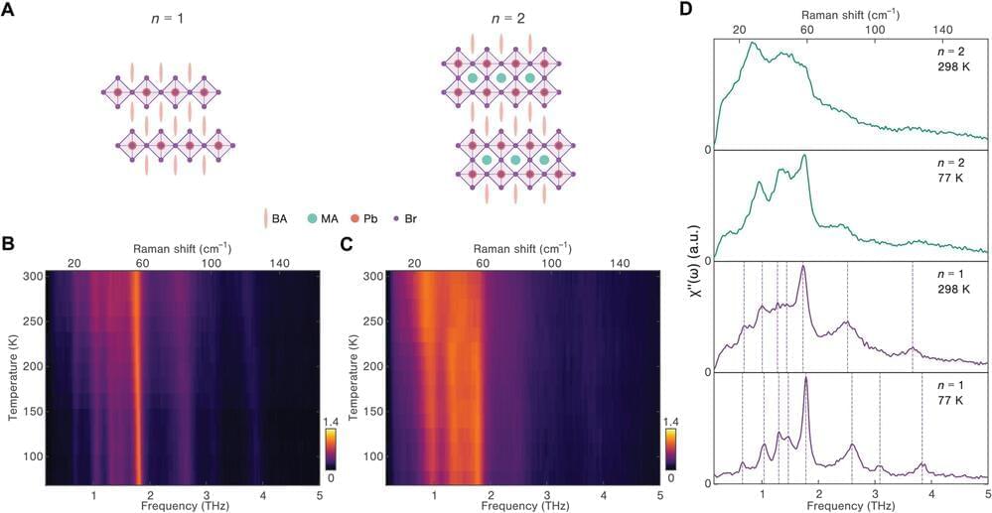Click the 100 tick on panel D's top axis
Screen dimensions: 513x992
tap(875, 30)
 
